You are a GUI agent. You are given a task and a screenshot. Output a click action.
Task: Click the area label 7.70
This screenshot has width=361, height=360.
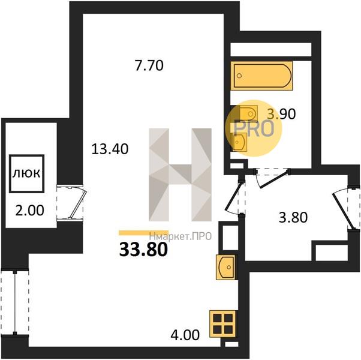tap(149, 65)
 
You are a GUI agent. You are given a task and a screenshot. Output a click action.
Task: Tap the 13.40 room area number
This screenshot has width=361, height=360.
tap(110, 149)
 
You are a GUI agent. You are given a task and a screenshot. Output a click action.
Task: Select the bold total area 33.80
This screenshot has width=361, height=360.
tap(143, 250)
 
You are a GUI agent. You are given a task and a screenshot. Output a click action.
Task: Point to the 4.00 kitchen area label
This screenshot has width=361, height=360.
tap(185, 335)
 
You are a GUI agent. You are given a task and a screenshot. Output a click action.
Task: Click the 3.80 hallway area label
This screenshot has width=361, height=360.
tap(293, 217)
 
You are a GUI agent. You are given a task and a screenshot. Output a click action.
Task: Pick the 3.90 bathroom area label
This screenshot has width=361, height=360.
tap(281, 114)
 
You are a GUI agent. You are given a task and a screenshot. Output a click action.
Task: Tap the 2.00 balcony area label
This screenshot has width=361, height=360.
tap(29, 211)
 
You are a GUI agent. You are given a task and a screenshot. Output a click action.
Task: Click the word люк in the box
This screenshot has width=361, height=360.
tap(26, 173)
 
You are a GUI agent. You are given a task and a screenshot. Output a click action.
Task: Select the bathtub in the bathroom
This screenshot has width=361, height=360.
tap(261, 76)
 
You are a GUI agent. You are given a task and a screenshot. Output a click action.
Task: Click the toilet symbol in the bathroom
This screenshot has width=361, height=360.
tap(248, 113)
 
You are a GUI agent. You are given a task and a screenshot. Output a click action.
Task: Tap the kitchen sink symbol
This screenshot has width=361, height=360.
tap(225, 267)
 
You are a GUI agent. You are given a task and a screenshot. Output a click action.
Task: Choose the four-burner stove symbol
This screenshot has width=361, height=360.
tap(222, 324)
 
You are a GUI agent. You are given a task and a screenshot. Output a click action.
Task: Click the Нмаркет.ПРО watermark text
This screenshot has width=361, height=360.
tap(180, 236)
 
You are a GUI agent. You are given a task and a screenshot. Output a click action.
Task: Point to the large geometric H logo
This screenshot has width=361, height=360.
tap(180, 175)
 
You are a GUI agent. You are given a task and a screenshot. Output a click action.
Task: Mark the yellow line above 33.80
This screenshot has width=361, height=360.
tap(143, 233)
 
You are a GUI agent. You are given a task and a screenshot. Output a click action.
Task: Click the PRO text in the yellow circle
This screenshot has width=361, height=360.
tap(254, 128)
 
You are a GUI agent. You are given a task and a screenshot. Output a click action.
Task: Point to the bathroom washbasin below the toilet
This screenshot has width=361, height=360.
tap(240, 142)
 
